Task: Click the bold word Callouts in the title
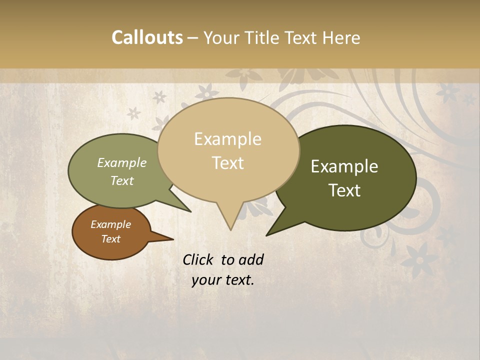tap(147, 37)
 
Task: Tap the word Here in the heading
tap(341, 37)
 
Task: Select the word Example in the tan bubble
tap(227, 139)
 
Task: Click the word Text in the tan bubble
tap(227, 163)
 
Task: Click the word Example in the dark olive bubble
tap(344, 166)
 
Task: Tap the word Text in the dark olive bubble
tap(344, 190)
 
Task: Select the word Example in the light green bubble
tap(122, 162)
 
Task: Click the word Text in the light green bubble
tap(122, 180)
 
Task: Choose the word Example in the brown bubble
tap(110, 224)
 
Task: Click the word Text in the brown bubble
tap(110, 239)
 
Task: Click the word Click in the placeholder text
tap(198, 259)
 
